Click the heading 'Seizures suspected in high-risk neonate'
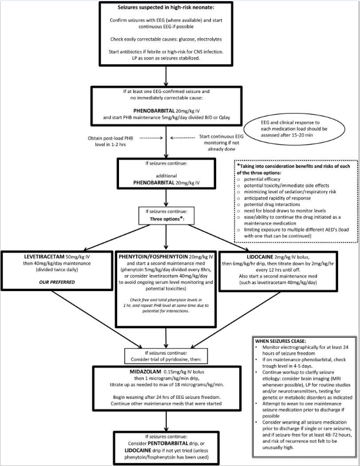[166, 8]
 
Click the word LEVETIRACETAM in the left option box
[44, 256]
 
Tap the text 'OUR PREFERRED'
[57, 282]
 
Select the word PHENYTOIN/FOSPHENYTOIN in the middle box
[153, 256]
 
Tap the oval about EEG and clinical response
[294, 128]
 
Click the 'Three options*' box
[166, 216]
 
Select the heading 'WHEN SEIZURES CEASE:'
[280, 341]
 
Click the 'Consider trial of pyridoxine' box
[166, 356]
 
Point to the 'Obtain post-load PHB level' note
[110, 141]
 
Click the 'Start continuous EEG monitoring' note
[222, 143]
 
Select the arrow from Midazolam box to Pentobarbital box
[166, 421]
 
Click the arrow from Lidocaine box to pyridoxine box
[236, 320]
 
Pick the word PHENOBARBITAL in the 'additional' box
[154, 183]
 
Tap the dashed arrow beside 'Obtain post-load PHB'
[151, 138]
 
